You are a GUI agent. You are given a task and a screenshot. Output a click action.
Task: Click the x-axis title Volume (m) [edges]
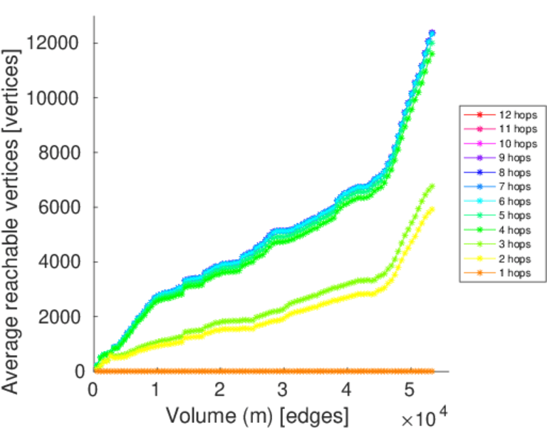tap(258, 414)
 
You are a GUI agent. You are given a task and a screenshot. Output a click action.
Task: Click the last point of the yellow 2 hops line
tap(431, 209)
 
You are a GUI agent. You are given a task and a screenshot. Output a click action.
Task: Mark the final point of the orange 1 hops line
tap(431, 371)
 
